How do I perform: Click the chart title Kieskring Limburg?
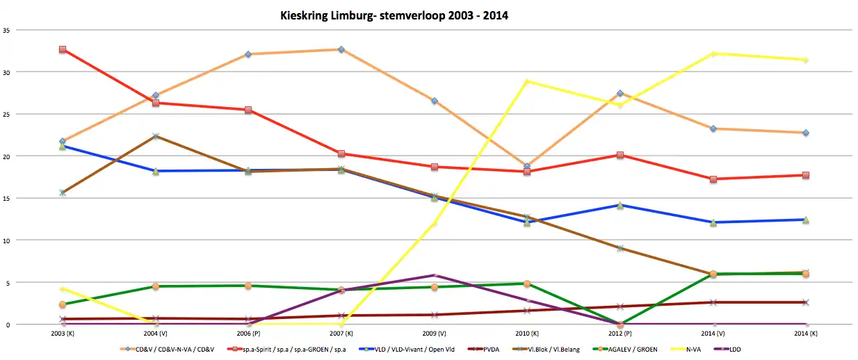[393, 15]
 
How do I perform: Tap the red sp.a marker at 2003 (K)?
[63, 49]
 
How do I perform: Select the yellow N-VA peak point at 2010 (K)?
[527, 81]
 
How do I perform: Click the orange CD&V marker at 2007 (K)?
[341, 49]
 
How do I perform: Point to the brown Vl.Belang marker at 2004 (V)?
[156, 136]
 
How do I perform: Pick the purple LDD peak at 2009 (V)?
[434, 275]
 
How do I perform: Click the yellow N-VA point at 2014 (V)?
[713, 54]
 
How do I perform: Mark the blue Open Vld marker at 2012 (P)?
[620, 205]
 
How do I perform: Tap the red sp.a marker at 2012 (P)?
[620, 155]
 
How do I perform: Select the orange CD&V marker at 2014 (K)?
[806, 133]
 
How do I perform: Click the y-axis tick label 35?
[6, 30]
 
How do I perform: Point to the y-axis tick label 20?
[6, 156]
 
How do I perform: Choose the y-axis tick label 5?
[8, 283]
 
